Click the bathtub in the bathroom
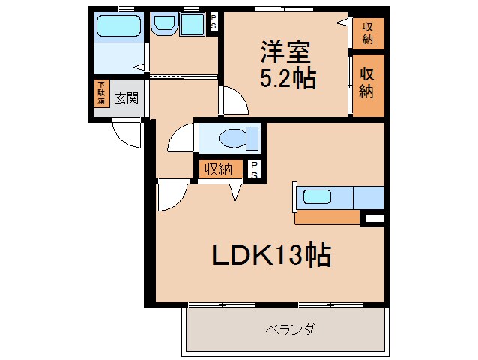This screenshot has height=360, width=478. [x=121, y=28]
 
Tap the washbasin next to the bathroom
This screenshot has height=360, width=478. [x=163, y=25]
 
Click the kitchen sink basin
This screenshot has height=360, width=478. [x=317, y=198]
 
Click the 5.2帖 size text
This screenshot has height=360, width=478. [x=288, y=78]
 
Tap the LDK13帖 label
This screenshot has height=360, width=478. [x=270, y=256]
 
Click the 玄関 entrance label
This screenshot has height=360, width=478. [x=126, y=97]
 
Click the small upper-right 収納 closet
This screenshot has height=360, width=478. [x=368, y=32]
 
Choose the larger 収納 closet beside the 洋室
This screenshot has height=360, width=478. [x=368, y=84]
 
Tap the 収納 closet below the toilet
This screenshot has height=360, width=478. [x=220, y=169]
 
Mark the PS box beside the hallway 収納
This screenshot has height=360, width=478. [x=255, y=169]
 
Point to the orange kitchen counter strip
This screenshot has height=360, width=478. [x=327, y=217]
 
